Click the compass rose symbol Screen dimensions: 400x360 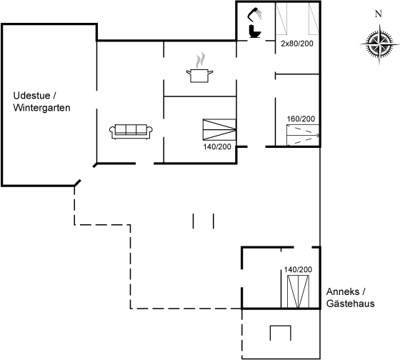point(379,44)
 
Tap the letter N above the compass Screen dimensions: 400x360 point(379,14)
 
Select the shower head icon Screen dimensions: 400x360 point(254,14)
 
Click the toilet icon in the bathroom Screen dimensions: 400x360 point(254,31)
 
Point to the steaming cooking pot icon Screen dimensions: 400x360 point(199,76)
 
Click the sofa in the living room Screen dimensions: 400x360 point(131,131)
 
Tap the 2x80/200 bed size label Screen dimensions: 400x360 point(297,44)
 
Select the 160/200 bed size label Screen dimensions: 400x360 point(301,119)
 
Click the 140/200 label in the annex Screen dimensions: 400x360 point(298,269)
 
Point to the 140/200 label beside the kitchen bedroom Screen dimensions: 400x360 point(217,146)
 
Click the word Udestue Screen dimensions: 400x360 point(31,96)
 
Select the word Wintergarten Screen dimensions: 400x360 point(41,108)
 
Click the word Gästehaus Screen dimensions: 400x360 point(351,304)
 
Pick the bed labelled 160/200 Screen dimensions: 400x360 point(303,135)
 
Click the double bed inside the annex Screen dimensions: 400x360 point(298,291)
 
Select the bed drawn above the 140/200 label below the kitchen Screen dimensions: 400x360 point(219,129)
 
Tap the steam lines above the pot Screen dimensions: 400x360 point(200,60)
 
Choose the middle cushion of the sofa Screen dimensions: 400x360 point(131,129)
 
